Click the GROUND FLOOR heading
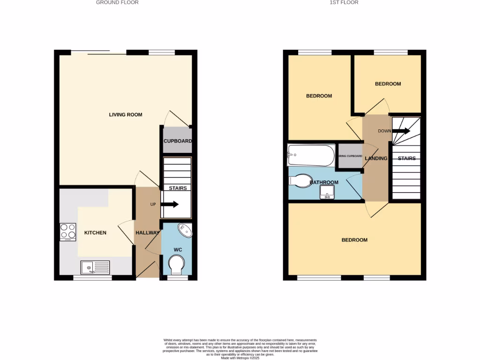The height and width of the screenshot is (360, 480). pyautogui.click(x=117, y=2)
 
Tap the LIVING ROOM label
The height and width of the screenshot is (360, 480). pyautogui.click(x=126, y=115)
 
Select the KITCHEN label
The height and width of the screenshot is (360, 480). pyautogui.click(x=95, y=233)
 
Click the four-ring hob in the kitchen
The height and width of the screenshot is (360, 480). pyautogui.click(x=68, y=231)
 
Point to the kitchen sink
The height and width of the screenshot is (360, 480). pyautogui.click(x=95, y=268)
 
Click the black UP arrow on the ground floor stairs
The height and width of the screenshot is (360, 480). pyautogui.click(x=169, y=204)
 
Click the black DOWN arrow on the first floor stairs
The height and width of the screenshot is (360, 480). pyautogui.click(x=402, y=131)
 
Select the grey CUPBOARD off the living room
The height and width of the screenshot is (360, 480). pyautogui.click(x=178, y=141)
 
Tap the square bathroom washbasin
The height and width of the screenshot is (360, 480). pyautogui.click(x=326, y=192)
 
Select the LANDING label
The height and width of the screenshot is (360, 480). pyautogui.click(x=376, y=158)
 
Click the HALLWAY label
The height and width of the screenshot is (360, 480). pyautogui.click(x=148, y=233)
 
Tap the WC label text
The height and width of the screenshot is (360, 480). pyautogui.click(x=178, y=249)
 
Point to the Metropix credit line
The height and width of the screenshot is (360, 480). pyautogui.click(x=240, y=358)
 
